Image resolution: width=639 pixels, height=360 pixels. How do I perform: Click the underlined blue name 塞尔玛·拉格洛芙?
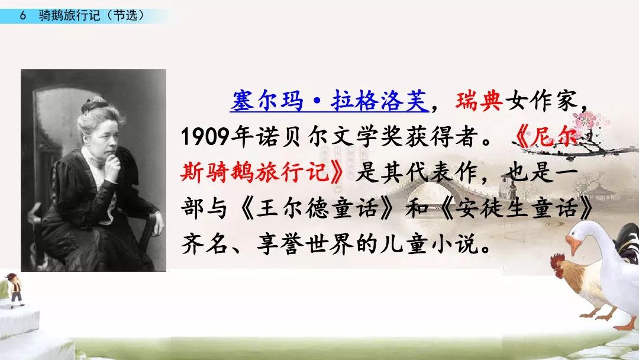330,101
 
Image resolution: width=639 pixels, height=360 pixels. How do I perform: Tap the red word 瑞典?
479,101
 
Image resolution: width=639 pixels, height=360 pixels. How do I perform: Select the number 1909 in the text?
205,137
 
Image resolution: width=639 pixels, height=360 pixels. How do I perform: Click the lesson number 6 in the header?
23,15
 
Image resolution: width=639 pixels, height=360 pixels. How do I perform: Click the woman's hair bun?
94,105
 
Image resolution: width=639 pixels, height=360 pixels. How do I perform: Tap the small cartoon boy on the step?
15,290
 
